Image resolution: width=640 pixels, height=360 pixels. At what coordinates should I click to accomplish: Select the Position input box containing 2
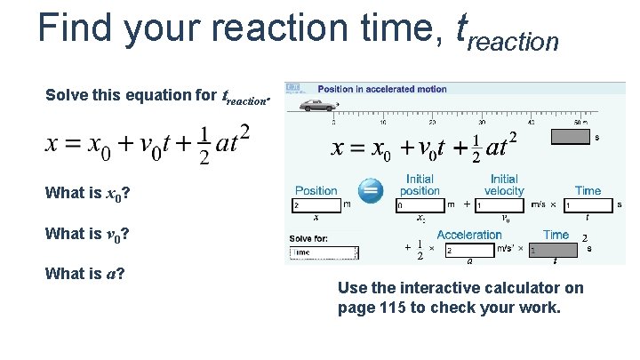click(316, 205)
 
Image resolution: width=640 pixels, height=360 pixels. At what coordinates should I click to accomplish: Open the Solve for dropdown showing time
click(324, 252)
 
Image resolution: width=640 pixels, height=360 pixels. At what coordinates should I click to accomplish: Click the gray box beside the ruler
click(571, 137)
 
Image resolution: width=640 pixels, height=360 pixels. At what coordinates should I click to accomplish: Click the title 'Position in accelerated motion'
click(382, 90)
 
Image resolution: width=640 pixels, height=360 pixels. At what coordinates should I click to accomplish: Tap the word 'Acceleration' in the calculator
click(469, 235)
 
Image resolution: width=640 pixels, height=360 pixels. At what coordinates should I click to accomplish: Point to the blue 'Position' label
click(316, 190)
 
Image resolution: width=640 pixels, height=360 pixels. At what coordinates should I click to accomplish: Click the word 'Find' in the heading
click(76, 28)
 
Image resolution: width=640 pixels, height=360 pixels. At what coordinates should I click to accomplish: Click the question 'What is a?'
click(84, 273)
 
